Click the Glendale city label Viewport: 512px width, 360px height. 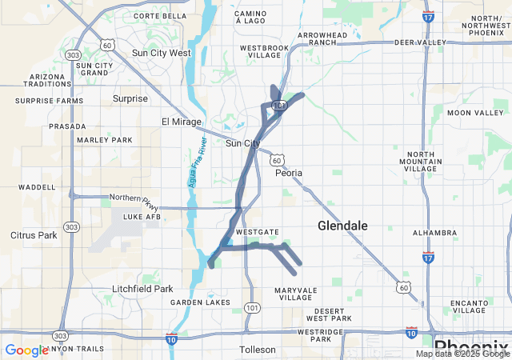tap(342, 226)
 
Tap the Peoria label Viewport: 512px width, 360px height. tap(289, 172)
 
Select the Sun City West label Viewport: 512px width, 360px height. tap(161, 53)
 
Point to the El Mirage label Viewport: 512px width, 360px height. tap(179, 122)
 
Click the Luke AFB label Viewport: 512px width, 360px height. tap(142, 217)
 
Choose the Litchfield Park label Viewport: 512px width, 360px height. tap(142, 289)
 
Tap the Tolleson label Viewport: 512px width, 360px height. tap(258, 350)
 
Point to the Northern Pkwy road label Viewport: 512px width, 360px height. tap(130, 198)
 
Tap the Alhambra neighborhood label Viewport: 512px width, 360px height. tap(432, 234)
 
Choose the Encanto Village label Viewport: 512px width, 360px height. tap(468, 307)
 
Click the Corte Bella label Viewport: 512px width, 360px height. tap(160, 15)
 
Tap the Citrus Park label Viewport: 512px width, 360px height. tap(34, 235)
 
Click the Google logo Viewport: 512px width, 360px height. tap(26, 350)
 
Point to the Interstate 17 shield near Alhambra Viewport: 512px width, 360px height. tap(429, 257)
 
